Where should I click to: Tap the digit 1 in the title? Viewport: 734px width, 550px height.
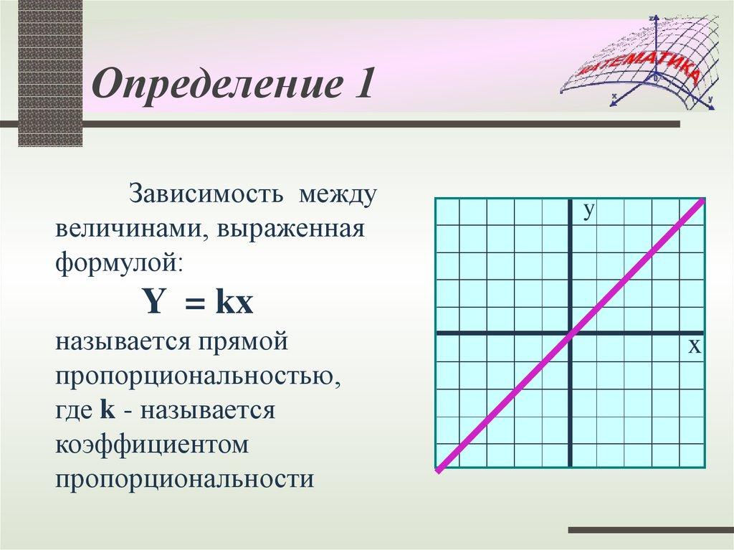pos(363,82)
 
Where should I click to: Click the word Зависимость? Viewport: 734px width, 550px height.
pos(206,193)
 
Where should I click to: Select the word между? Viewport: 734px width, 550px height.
pos(338,194)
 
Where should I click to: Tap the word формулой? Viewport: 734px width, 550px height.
pos(119,263)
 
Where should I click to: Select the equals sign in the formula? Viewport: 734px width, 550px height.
pos(195,303)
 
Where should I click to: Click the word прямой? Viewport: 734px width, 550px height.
pos(242,342)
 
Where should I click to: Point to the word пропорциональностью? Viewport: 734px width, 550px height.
pos(198,376)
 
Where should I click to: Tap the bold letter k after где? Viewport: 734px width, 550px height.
pos(108,409)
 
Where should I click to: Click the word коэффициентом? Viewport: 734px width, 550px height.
pos(152,444)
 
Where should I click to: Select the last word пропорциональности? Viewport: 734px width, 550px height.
pos(184,479)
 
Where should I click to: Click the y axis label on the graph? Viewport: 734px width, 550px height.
pos(589,211)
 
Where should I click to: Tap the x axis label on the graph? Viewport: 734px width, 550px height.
pos(695,346)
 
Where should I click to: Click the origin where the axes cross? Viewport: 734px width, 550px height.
pos(570,333)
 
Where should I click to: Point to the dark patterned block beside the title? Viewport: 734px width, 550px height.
pos(50,73)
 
